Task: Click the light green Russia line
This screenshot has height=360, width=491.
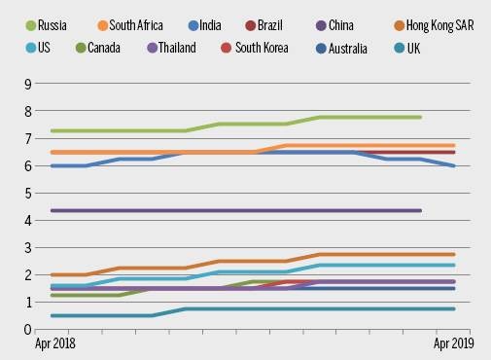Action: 146,130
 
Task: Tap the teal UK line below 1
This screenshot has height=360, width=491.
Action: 292,308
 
